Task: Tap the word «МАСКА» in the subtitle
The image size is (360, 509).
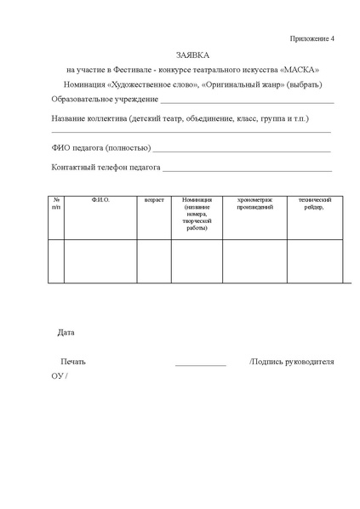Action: tap(299, 69)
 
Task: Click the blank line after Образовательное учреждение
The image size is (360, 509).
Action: tap(247, 102)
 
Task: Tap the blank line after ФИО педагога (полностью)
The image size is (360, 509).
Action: tap(242, 150)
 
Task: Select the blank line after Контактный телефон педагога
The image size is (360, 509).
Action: tap(247, 169)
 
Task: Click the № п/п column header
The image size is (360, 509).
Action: tap(56, 203)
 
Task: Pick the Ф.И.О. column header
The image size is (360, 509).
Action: tap(100, 200)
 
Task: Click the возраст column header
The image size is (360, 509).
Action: tap(154, 200)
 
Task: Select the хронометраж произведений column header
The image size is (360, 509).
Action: tap(254, 203)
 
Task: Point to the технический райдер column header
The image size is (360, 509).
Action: tap(314, 203)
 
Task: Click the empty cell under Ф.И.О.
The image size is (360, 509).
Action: tap(100, 260)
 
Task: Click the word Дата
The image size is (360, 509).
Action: tap(66, 332)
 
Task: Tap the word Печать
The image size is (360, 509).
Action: tap(73, 362)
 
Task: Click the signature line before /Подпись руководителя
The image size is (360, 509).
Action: tap(201, 364)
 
